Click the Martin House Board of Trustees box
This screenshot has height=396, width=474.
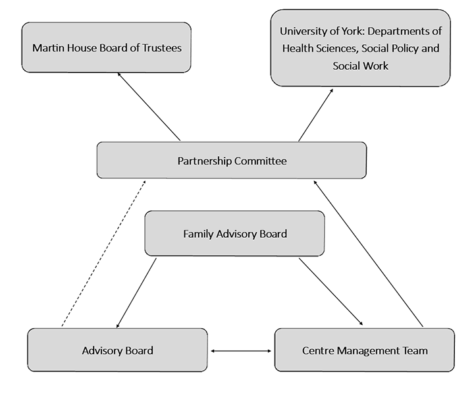[x=106, y=47]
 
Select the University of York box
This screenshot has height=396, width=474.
[x=360, y=47]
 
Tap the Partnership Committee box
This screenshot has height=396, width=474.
[x=232, y=160]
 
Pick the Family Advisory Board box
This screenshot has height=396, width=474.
[x=234, y=233]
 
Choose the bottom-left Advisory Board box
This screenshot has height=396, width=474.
[x=117, y=350]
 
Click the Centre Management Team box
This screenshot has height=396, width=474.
[x=364, y=350]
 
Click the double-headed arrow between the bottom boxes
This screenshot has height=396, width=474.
[x=241, y=351]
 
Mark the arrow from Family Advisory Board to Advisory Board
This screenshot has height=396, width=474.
[x=136, y=293]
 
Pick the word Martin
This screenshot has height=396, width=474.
[x=47, y=48]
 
